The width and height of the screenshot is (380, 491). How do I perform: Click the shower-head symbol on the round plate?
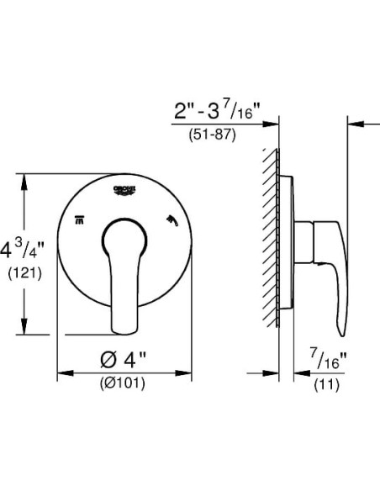point(172,221)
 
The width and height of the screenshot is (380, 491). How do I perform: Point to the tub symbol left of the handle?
point(80,221)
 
